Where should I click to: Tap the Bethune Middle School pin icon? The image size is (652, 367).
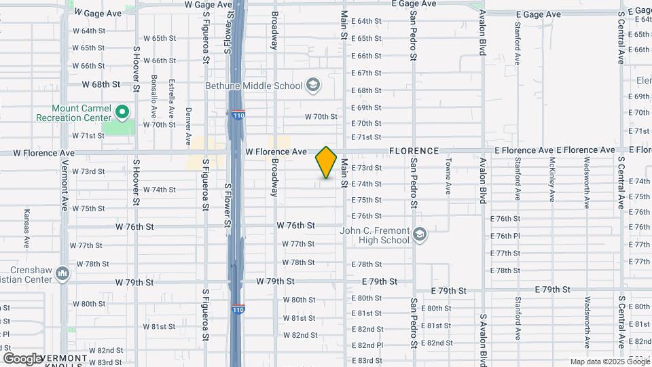(312, 85)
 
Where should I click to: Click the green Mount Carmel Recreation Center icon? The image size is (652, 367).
(122, 111)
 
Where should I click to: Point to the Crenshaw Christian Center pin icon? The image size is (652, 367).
(62, 273)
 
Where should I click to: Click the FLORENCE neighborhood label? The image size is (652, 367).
(414, 150)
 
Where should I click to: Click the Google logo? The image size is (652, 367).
(22, 358)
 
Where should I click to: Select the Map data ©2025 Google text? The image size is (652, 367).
(609, 362)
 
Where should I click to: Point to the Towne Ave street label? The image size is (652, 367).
(448, 176)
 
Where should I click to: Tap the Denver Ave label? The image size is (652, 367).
(188, 126)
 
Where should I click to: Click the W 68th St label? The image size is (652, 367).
(101, 84)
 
